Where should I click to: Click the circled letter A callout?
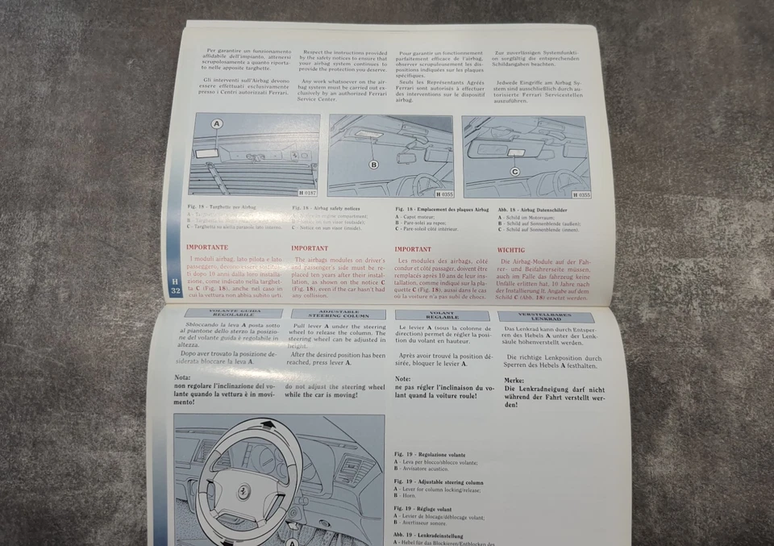(x=216, y=124)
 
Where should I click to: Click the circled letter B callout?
(x=373, y=165)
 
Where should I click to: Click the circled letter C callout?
(x=515, y=172)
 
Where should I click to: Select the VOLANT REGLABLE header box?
(x=442, y=315)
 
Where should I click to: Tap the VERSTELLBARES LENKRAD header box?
(x=546, y=317)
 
